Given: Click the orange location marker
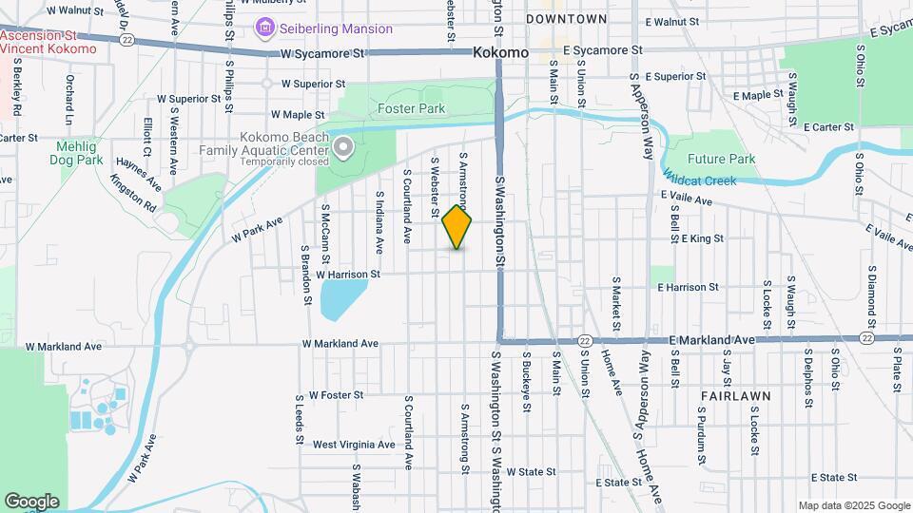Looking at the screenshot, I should coord(457,227).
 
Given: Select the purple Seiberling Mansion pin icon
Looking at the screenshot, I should coord(262,28).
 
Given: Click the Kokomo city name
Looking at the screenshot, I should coord(500,53).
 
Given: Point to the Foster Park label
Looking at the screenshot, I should coord(411,108).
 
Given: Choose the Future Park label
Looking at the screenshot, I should coord(721,159).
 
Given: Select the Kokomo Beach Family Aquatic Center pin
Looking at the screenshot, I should coord(343,146).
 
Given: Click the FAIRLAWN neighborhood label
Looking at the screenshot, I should coord(735,393).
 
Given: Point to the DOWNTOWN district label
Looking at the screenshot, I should coord(566,19).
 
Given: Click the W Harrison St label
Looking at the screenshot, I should coord(348,275).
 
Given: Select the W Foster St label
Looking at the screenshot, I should coord(329,394).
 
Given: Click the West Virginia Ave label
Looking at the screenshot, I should coord(354,445).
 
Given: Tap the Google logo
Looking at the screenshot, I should coord(31,501).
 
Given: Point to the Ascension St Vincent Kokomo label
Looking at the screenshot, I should coord(48,42).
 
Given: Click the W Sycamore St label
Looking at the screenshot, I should coord(317,54).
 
